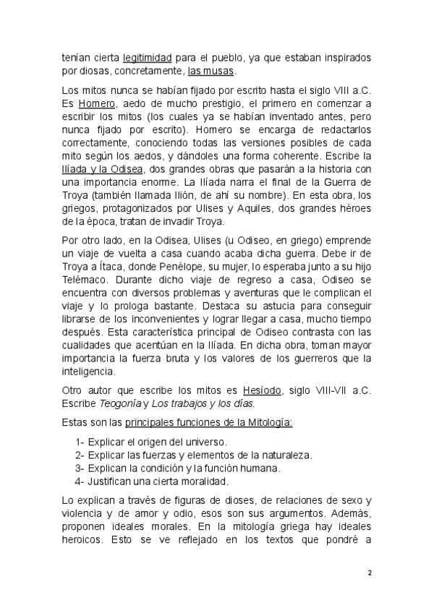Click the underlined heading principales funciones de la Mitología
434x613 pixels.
[x=194, y=422]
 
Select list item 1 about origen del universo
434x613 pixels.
[x=151, y=441]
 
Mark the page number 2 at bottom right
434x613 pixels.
[x=369, y=573]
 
